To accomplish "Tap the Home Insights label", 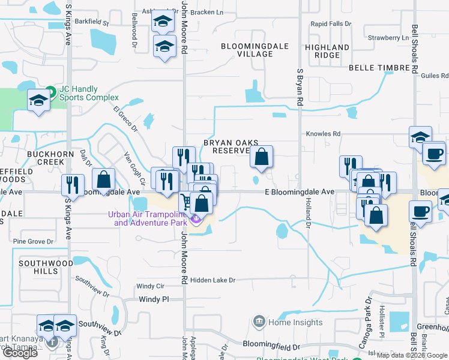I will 287,322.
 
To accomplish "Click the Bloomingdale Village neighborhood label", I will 255,50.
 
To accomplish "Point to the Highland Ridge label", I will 327,51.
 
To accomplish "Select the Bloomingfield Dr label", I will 271,347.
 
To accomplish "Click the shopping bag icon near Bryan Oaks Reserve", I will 261,157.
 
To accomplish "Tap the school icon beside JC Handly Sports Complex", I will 38,100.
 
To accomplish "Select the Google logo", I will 20,353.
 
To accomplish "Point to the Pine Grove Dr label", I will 33,241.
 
